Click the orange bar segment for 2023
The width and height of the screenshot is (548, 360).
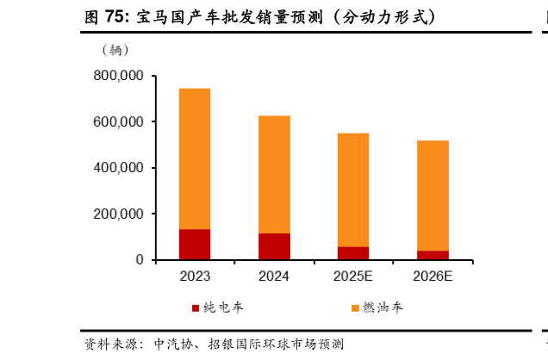[x=194, y=158]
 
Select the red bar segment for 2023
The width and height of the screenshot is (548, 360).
[x=194, y=244]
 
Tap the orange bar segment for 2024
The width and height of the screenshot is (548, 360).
[x=274, y=174]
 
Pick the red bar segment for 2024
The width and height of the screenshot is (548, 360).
[x=274, y=245]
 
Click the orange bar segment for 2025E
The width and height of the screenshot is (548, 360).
[x=353, y=189]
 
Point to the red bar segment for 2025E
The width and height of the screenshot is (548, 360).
[x=353, y=252]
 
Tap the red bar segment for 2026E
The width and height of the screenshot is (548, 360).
[x=433, y=255]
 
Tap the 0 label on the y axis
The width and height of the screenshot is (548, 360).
[x=139, y=259]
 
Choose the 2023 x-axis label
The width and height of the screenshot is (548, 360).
[x=195, y=276]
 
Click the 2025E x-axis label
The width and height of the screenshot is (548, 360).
[x=353, y=276]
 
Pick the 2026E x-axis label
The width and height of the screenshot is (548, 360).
[x=433, y=276]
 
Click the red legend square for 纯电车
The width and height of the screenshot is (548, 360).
[x=196, y=307]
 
